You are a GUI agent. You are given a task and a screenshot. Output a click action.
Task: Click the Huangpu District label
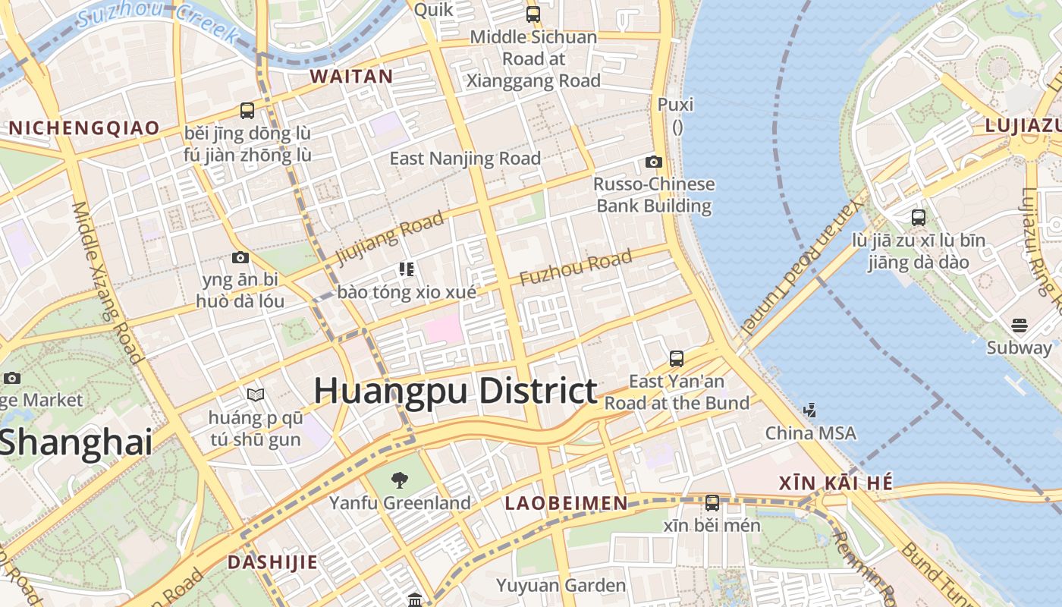click(455, 391)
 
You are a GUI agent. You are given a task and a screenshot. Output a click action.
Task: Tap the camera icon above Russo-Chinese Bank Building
click(653, 162)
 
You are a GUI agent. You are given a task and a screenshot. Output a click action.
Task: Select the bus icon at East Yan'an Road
click(677, 358)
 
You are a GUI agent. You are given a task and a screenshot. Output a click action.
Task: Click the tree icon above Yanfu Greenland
click(399, 480)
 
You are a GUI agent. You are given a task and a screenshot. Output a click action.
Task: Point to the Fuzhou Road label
click(576, 268)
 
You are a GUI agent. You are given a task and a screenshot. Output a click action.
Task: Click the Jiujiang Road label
click(390, 238)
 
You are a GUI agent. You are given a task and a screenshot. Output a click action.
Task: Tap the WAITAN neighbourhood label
click(351, 77)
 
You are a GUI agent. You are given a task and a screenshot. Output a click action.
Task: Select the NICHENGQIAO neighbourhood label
click(84, 127)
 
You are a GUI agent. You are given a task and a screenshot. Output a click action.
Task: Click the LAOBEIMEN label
click(567, 503)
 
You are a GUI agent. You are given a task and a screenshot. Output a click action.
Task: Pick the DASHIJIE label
click(272, 562)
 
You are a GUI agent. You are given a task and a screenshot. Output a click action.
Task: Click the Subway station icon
click(1019, 326)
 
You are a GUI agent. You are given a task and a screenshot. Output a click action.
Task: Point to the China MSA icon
click(810, 410)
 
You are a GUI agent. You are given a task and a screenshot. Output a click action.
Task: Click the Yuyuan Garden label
click(561, 585)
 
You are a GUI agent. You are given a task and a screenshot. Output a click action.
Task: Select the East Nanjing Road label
click(465, 159)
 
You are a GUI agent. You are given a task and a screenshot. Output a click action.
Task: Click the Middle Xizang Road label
click(107, 282)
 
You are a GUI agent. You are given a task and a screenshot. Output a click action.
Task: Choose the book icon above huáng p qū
click(256, 395)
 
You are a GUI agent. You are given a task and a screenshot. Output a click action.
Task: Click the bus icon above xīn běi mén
click(712, 502)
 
